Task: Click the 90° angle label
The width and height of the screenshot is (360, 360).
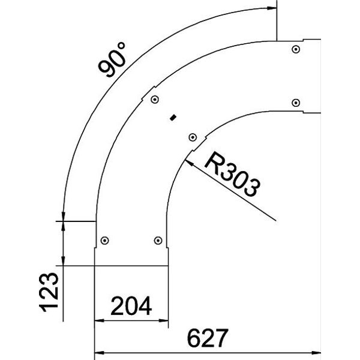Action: [x=112, y=59]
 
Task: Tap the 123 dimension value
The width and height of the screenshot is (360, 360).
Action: [x=49, y=293]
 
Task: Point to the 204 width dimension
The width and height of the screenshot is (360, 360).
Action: [x=131, y=306]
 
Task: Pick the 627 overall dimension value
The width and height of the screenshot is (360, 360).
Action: [x=208, y=338]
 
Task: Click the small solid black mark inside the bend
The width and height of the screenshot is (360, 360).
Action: [x=173, y=118]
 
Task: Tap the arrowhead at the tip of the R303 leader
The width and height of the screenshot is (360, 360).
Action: [x=189, y=163]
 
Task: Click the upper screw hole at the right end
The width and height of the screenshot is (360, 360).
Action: [x=296, y=49]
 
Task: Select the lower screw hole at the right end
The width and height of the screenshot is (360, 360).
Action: [x=296, y=103]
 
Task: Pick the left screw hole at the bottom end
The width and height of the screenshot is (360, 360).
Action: [x=104, y=241]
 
